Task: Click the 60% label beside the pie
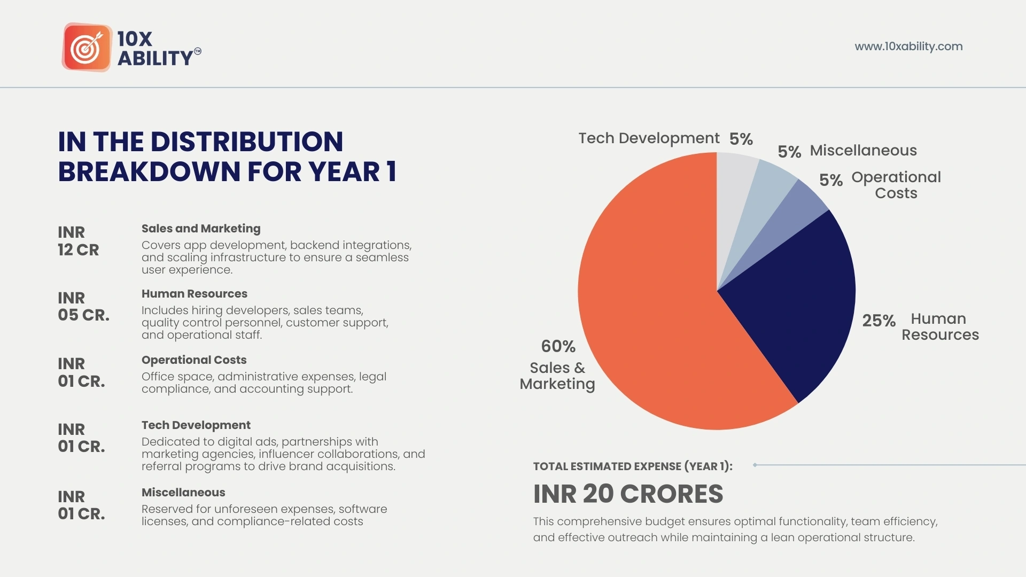[558, 346]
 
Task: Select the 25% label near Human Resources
[879, 321]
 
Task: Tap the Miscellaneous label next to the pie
[863, 151]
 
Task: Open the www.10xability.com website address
[908, 46]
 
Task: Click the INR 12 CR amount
[78, 241]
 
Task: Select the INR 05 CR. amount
[83, 307]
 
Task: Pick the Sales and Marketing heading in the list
[201, 229]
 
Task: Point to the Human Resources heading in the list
[194, 294]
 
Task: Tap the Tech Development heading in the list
[196, 425]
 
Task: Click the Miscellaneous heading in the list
[183, 493]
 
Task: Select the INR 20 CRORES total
[628, 494]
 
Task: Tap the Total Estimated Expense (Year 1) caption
[633, 466]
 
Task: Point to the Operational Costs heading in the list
[194, 360]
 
